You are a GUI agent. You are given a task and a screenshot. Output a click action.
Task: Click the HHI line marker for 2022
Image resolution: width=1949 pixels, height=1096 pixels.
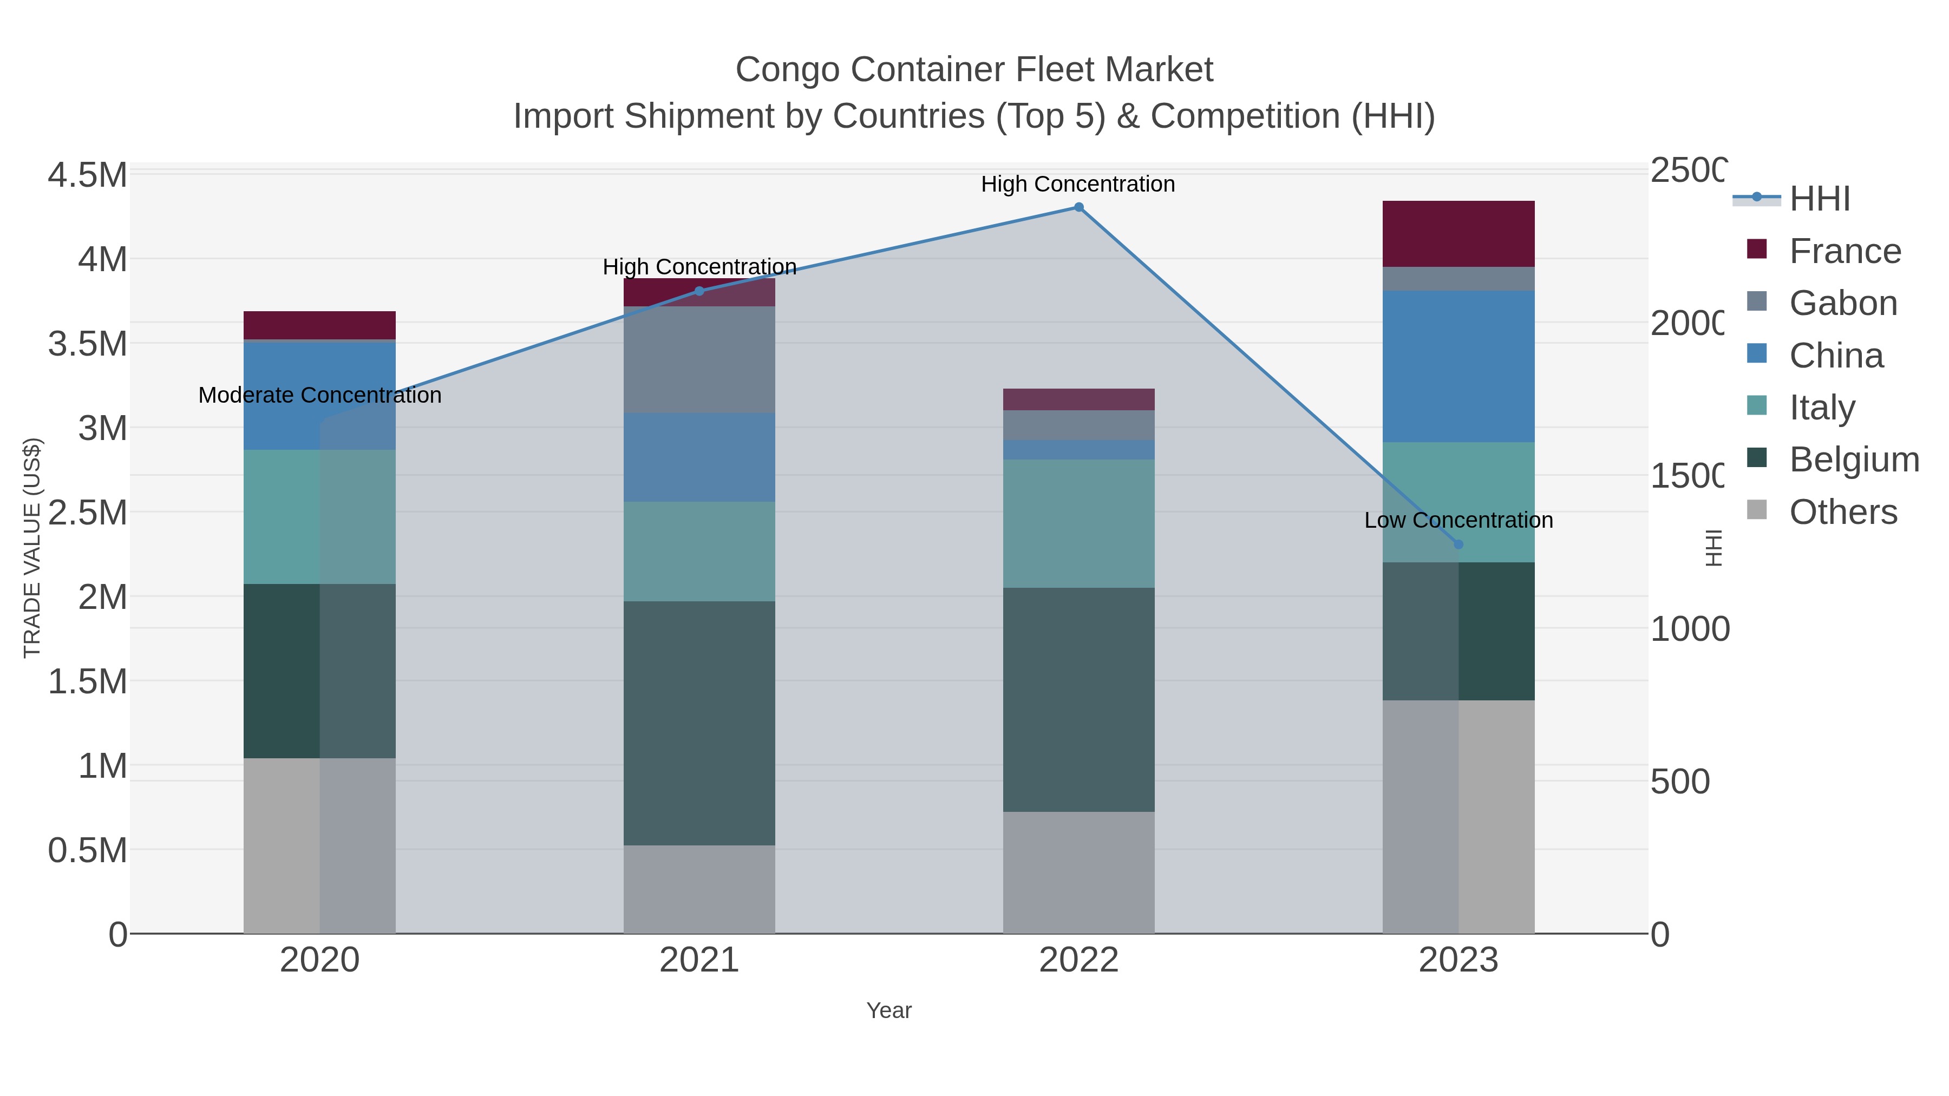click(x=1079, y=207)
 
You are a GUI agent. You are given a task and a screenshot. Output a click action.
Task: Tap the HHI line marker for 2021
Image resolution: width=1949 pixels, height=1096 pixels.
click(x=699, y=291)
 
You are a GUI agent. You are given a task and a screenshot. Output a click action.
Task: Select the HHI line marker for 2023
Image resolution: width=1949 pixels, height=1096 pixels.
click(x=1459, y=544)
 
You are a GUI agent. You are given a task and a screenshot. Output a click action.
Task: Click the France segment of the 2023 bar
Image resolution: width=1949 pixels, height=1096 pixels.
click(x=1458, y=234)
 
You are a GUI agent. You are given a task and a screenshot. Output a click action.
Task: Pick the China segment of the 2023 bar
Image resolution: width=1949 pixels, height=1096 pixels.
click(x=1458, y=366)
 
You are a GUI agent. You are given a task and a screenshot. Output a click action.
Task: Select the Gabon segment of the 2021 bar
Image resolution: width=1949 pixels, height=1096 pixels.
click(x=699, y=359)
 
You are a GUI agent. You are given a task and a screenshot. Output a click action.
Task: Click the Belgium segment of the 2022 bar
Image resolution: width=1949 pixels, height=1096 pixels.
click(x=1079, y=700)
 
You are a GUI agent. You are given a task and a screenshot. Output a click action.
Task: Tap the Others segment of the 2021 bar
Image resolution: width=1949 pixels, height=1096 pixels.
click(x=699, y=889)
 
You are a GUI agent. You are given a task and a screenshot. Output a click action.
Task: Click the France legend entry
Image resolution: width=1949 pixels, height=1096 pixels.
click(x=1845, y=251)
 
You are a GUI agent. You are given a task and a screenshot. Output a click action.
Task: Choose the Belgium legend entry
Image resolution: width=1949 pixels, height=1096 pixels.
click(x=1854, y=460)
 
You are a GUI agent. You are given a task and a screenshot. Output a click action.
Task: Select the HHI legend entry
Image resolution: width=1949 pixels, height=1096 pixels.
click(x=1820, y=199)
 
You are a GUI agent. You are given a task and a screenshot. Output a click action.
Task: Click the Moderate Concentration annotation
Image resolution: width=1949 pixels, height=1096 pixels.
click(x=319, y=396)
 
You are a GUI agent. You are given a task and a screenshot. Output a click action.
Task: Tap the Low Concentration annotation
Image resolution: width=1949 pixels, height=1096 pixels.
click(x=1458, y=520)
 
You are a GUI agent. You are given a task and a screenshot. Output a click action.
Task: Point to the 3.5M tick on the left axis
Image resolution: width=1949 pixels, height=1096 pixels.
click(x=88, y=344)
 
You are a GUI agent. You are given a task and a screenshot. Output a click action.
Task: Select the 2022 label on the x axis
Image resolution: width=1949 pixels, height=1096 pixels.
click(x=1079, y=961)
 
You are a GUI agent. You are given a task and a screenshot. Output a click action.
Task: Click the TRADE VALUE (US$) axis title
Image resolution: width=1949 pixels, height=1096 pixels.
click(x=32, y=548)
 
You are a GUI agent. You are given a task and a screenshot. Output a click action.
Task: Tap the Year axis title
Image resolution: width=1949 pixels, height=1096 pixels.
click(x=889, y=1010)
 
